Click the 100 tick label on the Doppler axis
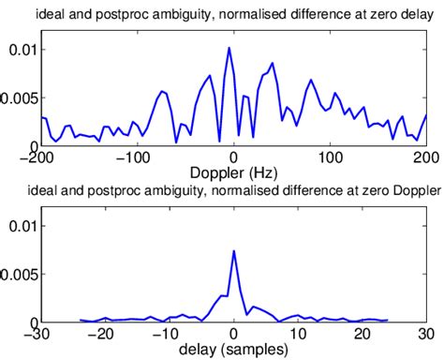(331, 157)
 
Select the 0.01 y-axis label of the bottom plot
(20, 226)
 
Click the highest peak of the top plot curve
(229, 48)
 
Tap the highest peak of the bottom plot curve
(233, 251)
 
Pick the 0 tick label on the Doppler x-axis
(234, 157)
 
